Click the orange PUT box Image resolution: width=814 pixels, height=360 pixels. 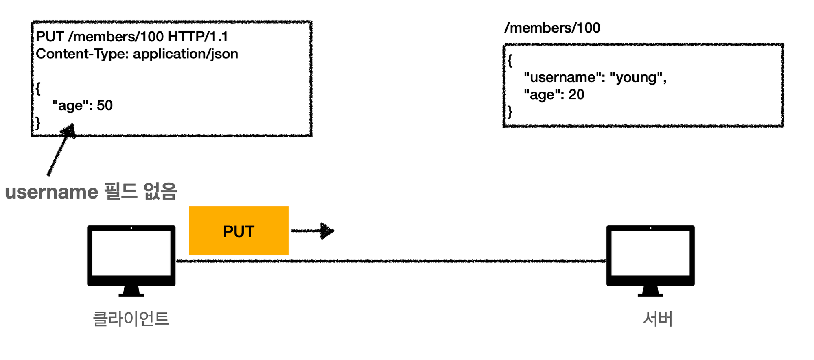pos(239,231)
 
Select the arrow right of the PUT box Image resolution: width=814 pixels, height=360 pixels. pos(312,231)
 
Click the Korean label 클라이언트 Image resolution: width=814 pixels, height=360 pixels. pos(131,319)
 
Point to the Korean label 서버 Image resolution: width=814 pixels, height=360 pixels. pos(658,319)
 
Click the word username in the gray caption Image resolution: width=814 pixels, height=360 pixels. pos(52,192)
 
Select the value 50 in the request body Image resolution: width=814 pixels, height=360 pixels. pos(105,105)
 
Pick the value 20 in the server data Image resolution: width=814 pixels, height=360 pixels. pos(576,94)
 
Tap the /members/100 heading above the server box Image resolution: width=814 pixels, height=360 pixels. pos(552,28)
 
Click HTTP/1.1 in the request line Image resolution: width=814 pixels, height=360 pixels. pos(198,37)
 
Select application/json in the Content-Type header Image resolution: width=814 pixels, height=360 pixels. pos(186,54)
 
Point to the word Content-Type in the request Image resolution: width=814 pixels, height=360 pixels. pos(82,54)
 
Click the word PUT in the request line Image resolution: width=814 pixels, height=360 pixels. pos(50,37)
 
